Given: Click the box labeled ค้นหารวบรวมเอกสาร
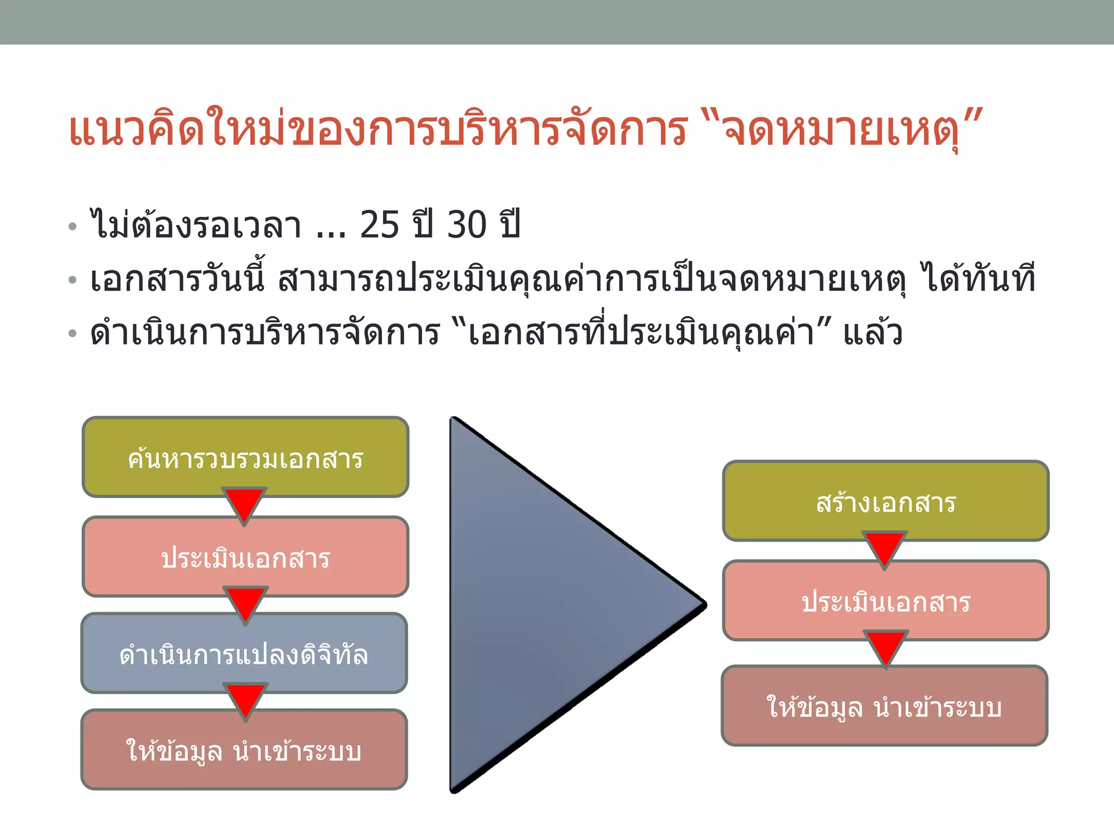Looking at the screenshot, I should point(245,457).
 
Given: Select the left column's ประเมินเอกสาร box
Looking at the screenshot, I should point(245,557).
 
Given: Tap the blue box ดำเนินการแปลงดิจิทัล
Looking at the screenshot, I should point(244,653).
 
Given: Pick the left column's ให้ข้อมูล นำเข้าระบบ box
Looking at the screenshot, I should point(244,750).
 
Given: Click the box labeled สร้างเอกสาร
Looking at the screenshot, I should point(886,501).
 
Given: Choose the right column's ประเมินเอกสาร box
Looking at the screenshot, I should point(886,601).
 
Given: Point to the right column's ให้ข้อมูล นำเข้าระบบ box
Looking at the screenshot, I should point(884,706).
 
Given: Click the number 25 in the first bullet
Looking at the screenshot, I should point(380,225).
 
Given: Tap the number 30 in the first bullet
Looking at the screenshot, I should point(467,225).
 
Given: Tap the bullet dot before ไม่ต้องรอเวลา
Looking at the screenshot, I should point(73,227).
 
